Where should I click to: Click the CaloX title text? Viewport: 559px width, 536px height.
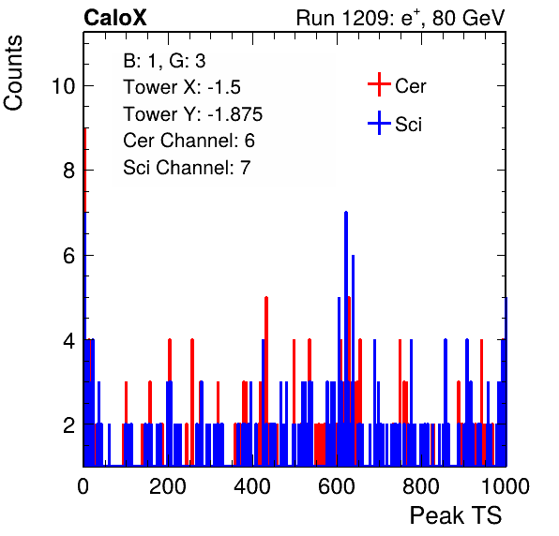click(114, 18)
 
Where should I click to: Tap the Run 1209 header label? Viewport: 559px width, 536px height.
click(400, 18)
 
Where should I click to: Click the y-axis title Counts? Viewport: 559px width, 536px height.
click(13, 72)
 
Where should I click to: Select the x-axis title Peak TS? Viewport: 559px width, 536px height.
click(456, 515)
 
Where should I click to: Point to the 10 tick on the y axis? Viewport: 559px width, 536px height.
click(64, 86)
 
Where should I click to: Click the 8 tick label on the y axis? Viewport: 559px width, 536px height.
click(69, 171)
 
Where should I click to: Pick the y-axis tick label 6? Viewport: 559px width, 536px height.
click(69, 256)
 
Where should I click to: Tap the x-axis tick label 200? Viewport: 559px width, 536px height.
click(168, 486)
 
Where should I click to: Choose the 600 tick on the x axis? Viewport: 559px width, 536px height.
click(337, 486)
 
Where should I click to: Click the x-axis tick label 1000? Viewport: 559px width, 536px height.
click(506, 486)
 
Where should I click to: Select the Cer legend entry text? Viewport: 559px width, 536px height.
click(410, 86)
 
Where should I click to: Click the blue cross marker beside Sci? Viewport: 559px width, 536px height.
click(379, 123)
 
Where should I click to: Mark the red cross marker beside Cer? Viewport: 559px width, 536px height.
click(379, 84)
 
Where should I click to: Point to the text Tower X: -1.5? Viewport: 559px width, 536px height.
click(182, 87)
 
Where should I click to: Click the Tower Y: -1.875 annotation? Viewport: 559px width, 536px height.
click(193, 114)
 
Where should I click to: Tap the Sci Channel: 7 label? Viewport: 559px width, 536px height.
click(187, 168)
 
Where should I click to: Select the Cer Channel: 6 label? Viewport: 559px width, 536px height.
click(189, 141)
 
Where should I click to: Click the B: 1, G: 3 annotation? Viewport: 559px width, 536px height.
click(164, 61)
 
